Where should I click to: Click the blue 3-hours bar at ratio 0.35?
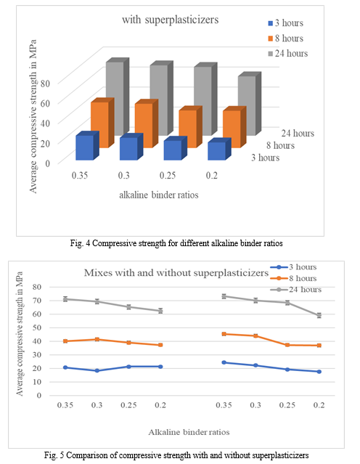click(x=87, y=146)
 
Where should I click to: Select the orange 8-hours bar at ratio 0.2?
click(x=234, y=127)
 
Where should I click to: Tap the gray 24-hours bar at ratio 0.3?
click(x=161, y=98)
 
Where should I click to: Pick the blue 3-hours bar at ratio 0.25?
click(x=175, y=148)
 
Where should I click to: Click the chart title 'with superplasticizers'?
click(x=171, y=20)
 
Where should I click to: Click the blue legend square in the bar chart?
click(x=271, y=23)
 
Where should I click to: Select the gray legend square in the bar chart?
click(x=271, y=54)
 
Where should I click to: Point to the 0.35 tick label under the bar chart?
click(x=80, y=176)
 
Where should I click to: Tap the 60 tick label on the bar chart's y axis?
click(x=45, y=103)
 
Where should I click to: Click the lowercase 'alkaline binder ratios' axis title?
click(x=159, y=195)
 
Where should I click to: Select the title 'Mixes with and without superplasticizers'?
click(x=176, y=272)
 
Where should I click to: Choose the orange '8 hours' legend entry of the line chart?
click(x=296, y=278)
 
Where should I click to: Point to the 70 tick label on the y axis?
click(x=37, y=301)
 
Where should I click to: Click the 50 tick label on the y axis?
click(x=37, y=327)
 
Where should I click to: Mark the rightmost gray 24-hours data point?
click(x=319, y=315)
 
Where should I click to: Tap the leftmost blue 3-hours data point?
click(x=65, y=367)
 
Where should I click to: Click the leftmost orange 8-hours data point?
click(x=65, y=341)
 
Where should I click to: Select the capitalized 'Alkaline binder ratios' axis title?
click(x=189, y=432)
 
